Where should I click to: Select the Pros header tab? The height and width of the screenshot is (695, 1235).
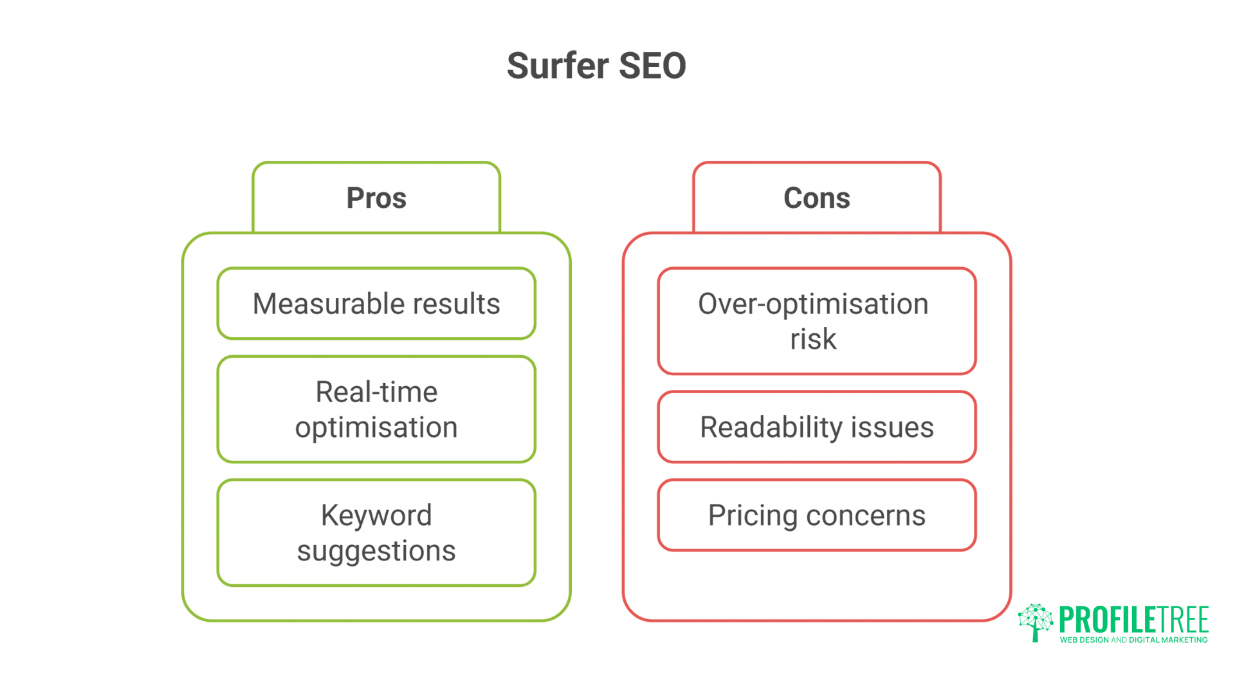tap(376, 198)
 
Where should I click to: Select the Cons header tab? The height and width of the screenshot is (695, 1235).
tap(816, 198)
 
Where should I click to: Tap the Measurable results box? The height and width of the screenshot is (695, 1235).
tap(376, 304)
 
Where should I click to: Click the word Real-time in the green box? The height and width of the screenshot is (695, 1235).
tap(376, 392)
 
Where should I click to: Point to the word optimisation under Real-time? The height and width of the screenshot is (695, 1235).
tap(376, 428)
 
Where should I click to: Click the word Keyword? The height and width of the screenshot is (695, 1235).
tap(376, 515)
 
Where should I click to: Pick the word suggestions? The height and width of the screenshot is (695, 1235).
tap(376, 551)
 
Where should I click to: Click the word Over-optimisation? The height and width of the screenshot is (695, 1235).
tap(813, 304)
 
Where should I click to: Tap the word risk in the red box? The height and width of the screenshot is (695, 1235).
tap(813, 339)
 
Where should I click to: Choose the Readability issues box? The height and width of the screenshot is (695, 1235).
tap(816, 427)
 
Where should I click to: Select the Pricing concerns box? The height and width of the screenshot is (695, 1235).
tap(816, 515)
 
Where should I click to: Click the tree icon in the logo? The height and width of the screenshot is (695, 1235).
tap(1035, 622)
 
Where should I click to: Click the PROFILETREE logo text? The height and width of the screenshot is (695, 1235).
tap(1133, 620)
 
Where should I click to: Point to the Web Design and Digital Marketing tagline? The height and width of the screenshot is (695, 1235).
tap(1133, 640)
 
